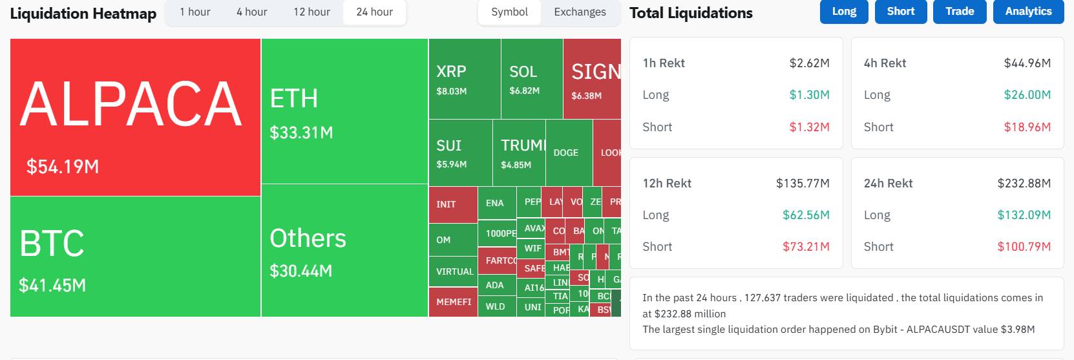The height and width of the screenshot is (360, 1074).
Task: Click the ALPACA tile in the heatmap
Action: pos(135,117)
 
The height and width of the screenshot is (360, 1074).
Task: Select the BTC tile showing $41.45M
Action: pos(135,257)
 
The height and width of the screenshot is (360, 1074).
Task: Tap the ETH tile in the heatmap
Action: pos(344,111)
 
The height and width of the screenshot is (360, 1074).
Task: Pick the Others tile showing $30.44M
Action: pos(344,251)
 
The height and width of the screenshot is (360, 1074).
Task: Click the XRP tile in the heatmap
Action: pos(464,79)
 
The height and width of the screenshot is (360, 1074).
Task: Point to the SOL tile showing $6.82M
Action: pos(531,79)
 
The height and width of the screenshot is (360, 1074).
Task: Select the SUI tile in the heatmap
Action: pos(460,153)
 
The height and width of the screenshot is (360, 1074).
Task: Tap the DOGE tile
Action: pos(569,153)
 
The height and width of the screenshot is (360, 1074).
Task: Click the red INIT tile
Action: pos(452,204)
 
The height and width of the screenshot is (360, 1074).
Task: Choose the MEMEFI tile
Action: pos(452,302)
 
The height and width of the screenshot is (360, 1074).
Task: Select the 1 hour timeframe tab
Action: pos(195,12)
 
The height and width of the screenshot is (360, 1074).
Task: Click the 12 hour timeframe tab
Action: pos(311,12)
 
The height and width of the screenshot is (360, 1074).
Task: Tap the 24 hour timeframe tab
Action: pos(374,12)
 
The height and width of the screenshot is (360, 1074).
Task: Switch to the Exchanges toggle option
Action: pos(580,12)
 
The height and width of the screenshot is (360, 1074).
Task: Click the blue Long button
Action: pos(844,12)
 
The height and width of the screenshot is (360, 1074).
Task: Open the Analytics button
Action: pos(1028,12)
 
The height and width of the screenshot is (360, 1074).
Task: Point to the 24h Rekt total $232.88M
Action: pos(1024,184)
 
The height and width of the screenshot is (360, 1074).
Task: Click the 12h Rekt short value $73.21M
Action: pos(806,247)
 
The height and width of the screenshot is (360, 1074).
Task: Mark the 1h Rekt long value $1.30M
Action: pos(809,95)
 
